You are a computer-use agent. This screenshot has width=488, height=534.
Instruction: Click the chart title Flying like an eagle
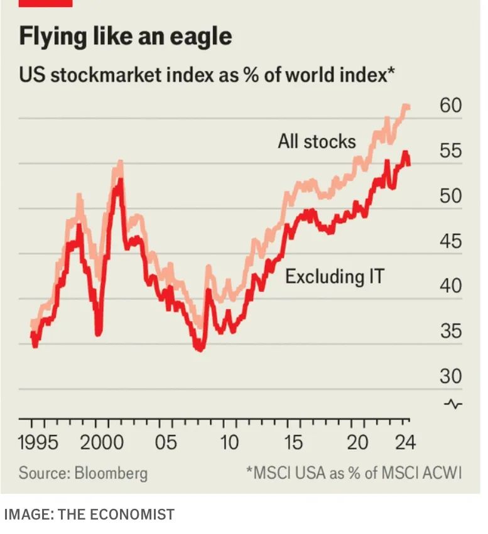click(125, 36)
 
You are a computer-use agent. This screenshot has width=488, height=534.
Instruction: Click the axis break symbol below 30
click(453, 403)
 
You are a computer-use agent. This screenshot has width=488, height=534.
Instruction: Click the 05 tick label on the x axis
click(166, 442)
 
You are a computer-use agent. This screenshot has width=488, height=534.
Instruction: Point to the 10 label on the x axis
click(230, 442)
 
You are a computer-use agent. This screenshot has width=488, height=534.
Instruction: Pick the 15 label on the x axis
click(293, 442)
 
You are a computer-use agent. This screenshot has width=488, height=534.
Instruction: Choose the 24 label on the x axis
click(405, 442)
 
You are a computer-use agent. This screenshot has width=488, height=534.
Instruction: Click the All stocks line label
click(317, 141)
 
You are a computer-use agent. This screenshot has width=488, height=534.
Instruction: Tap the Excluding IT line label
click(335, 276)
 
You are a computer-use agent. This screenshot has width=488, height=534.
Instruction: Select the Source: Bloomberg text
click(83, 473)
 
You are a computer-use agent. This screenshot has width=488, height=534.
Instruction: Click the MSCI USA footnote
click(354, 473)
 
